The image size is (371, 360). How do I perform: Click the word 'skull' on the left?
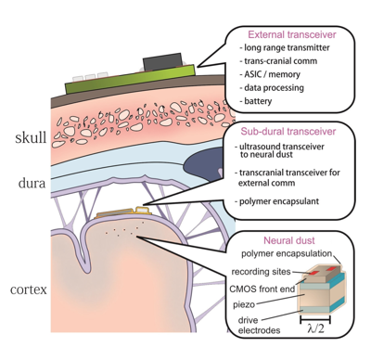31,139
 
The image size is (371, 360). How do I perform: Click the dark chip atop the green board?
166,61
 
